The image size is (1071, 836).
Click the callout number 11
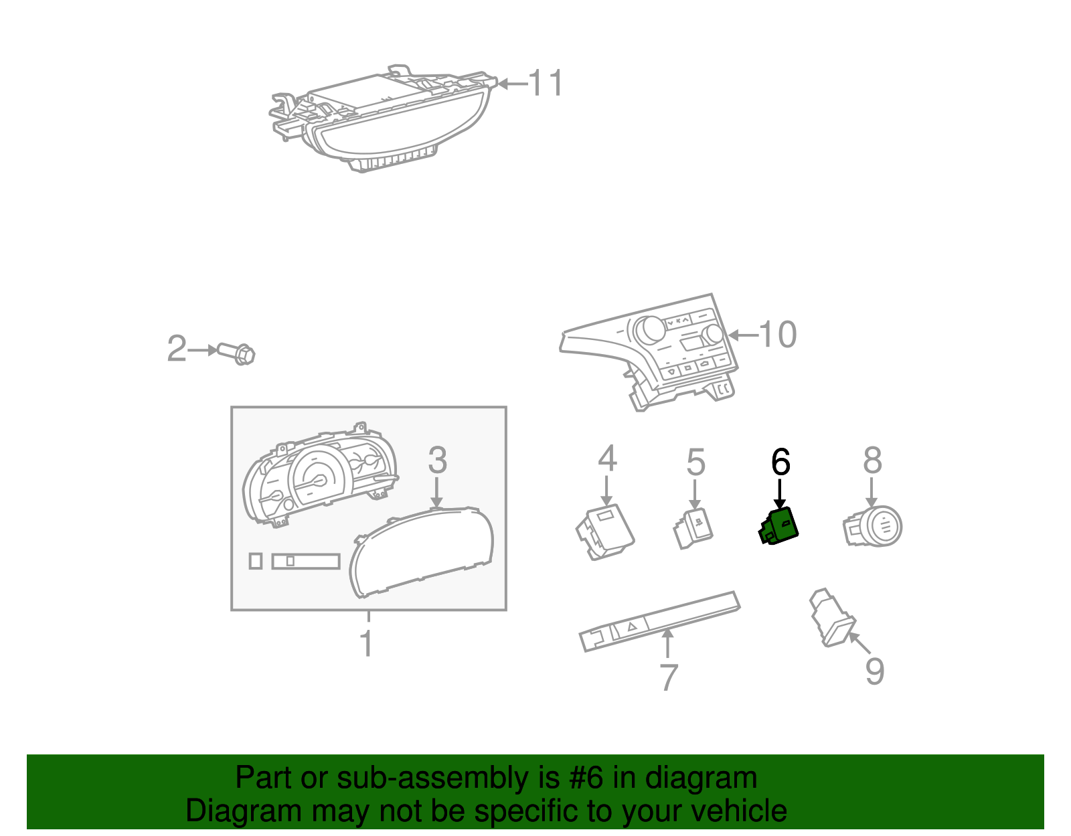pyautogui.click(x=546, y=83)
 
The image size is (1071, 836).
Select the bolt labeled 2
pyautogui.click(x=236, y=353)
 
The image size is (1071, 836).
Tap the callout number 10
pyautogui.click(x=777, y=335)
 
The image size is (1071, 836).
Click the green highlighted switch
pyautogui.click(x=778, y=525)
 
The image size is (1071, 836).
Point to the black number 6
pyautogui.click(x=780, y=462)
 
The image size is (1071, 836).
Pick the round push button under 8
pyautogui.click(x=873, y=527)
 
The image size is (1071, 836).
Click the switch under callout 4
pyautogui.click(x=605, y=531)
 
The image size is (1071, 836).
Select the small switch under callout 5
pyautogui.click(x=693, y=529)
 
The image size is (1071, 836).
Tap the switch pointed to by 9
pyautogui.click(x=832, y=617)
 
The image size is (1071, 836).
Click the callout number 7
pyautogui.click(x=669, y=677)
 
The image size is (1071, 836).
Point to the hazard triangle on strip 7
pyautogui.click(x=633, y=626)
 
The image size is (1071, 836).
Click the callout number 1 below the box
pyautogui.click(x=366, y=643)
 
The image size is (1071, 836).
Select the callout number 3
pyautogui.click(x=437, y=460)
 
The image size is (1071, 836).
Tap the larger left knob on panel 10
pyautogui.click(x=649, y=330)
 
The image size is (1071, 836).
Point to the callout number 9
pyautogui.click(x=875, y=671)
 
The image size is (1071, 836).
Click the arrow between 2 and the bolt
pyautogui.click(x=203, y=350)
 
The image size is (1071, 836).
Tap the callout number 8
pyautogui.click(x=872, y=460)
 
